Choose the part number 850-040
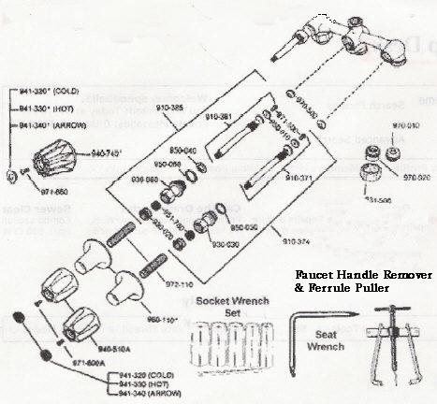[182, 151]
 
